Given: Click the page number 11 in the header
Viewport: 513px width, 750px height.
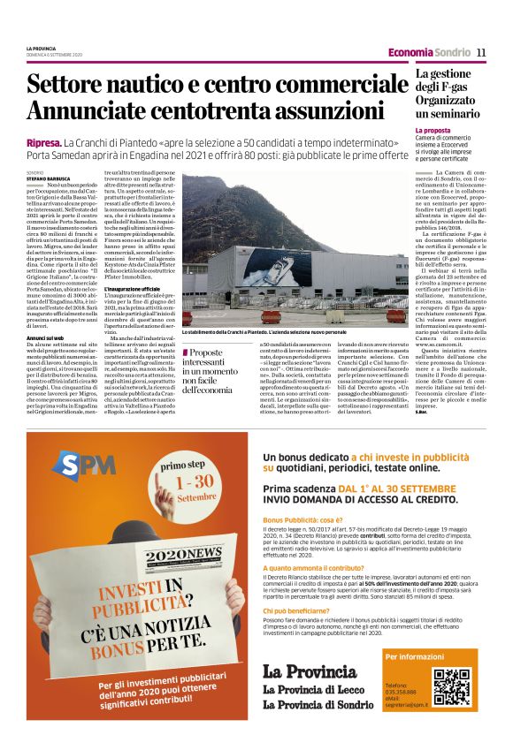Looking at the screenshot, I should [481, 53].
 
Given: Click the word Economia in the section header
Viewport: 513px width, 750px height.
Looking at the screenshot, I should [410, 53].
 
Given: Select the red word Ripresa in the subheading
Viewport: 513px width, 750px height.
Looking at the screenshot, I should [43, 142].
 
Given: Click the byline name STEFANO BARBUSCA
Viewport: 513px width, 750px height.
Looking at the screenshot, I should [47, 178].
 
